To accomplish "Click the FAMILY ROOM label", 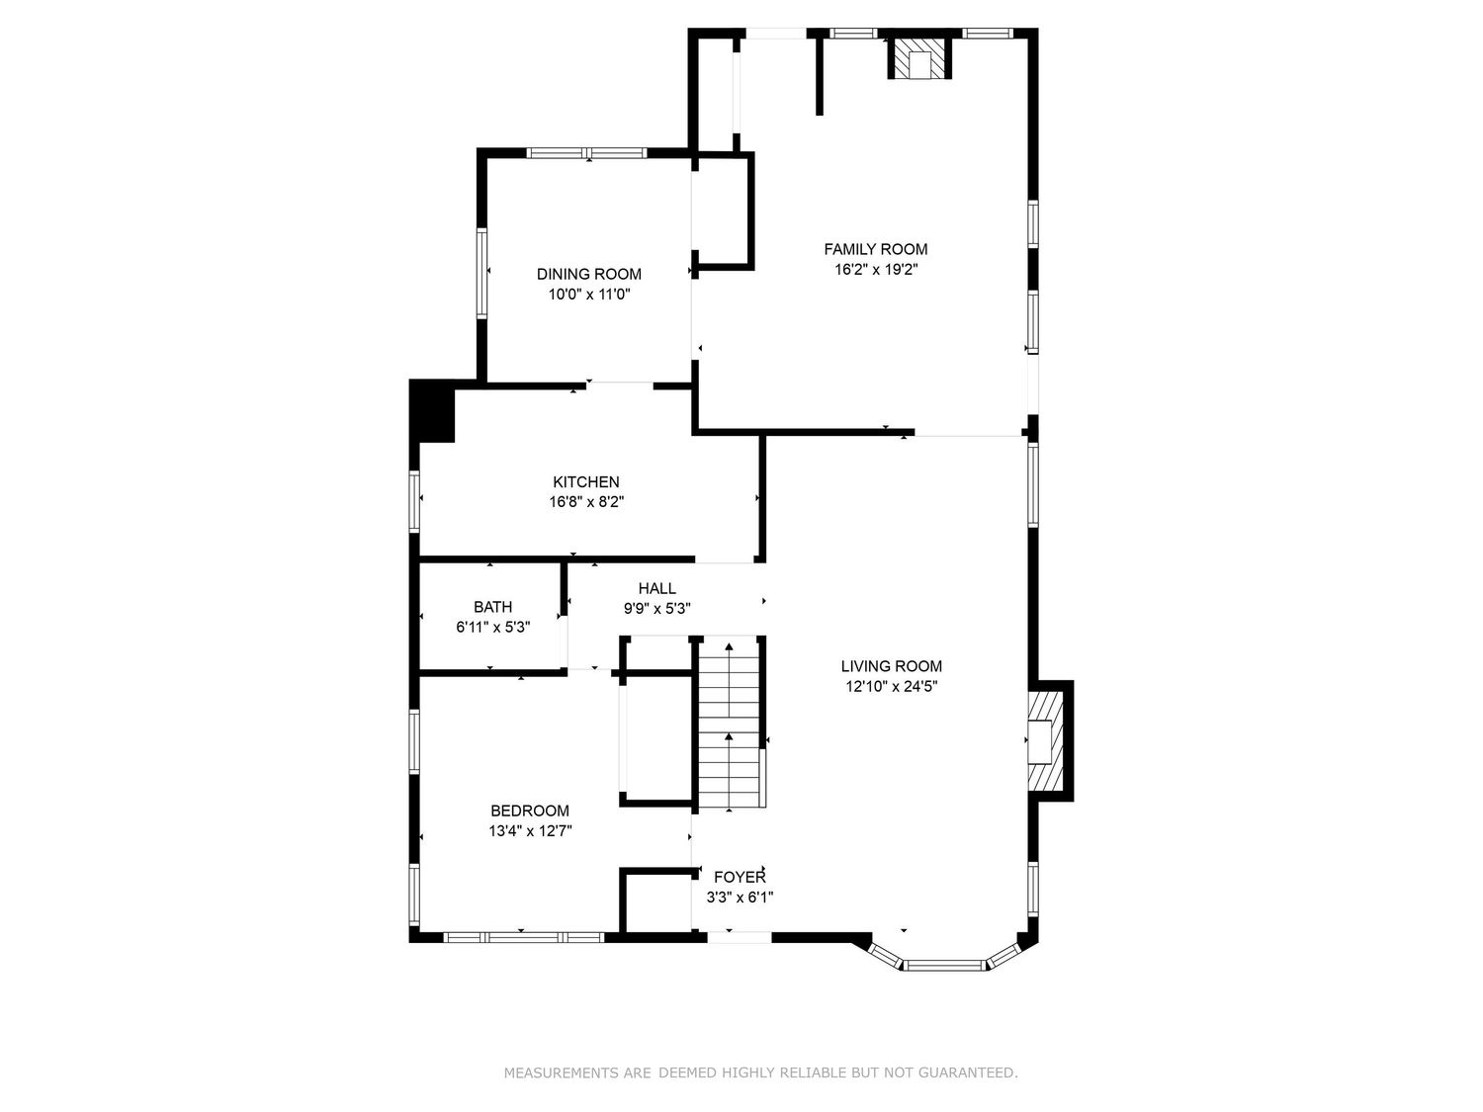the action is click(x=876, y=249).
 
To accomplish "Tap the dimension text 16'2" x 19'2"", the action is click(x=876, y=270).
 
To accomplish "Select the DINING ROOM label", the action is click(x=589, y=274).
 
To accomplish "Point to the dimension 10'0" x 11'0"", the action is click(x=589, y=295).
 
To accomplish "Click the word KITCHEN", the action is click(x=586, y=482).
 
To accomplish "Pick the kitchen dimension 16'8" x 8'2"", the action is click(x=586, y=502).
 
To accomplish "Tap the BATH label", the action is click(x=493, y=607).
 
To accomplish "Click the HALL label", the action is click(x=657, y=589).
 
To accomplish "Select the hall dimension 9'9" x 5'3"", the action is click(x=657, y=609).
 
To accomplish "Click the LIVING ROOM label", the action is click(x=891, y=666).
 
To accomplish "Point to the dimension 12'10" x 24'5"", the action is click(x=891, y=687).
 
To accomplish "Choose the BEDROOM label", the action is click(x=530, y=811).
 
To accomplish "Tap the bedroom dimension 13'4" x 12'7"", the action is click(x=530, y=831).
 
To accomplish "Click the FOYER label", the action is click(x=740, y=877).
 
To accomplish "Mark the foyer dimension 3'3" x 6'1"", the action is click(x=740, y=898).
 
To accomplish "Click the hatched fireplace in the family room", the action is click(x=919, y=58).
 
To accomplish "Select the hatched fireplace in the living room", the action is click(x=1046, y=740).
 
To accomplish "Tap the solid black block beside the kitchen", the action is click(x=432, y=410).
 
